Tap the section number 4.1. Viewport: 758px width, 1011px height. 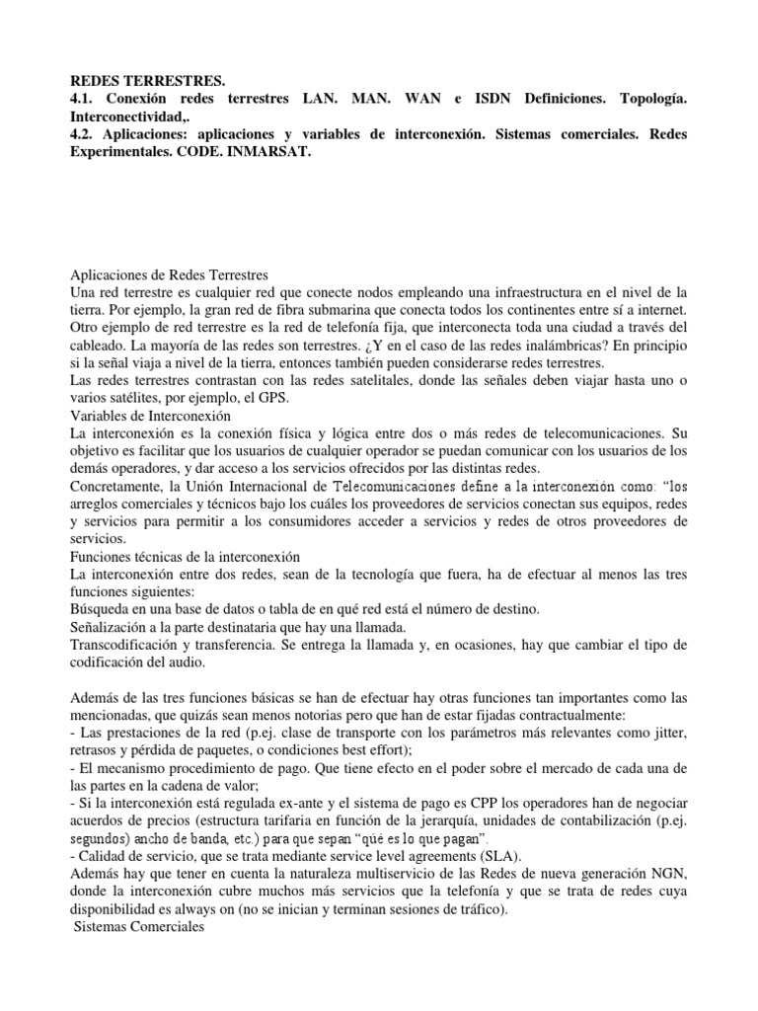pyautogui.click(x=86, y=100)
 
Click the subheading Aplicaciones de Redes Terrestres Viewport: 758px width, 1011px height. pyautogui.click(x=171, y=275)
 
